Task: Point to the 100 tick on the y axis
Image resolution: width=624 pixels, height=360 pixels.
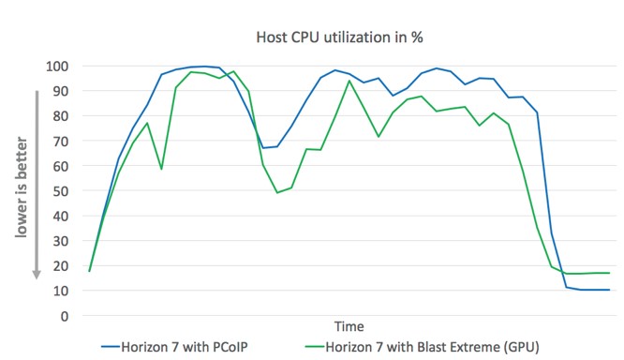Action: click(x=57, y=67)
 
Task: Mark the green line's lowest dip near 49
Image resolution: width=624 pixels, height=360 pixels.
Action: click(x=276, y=192)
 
